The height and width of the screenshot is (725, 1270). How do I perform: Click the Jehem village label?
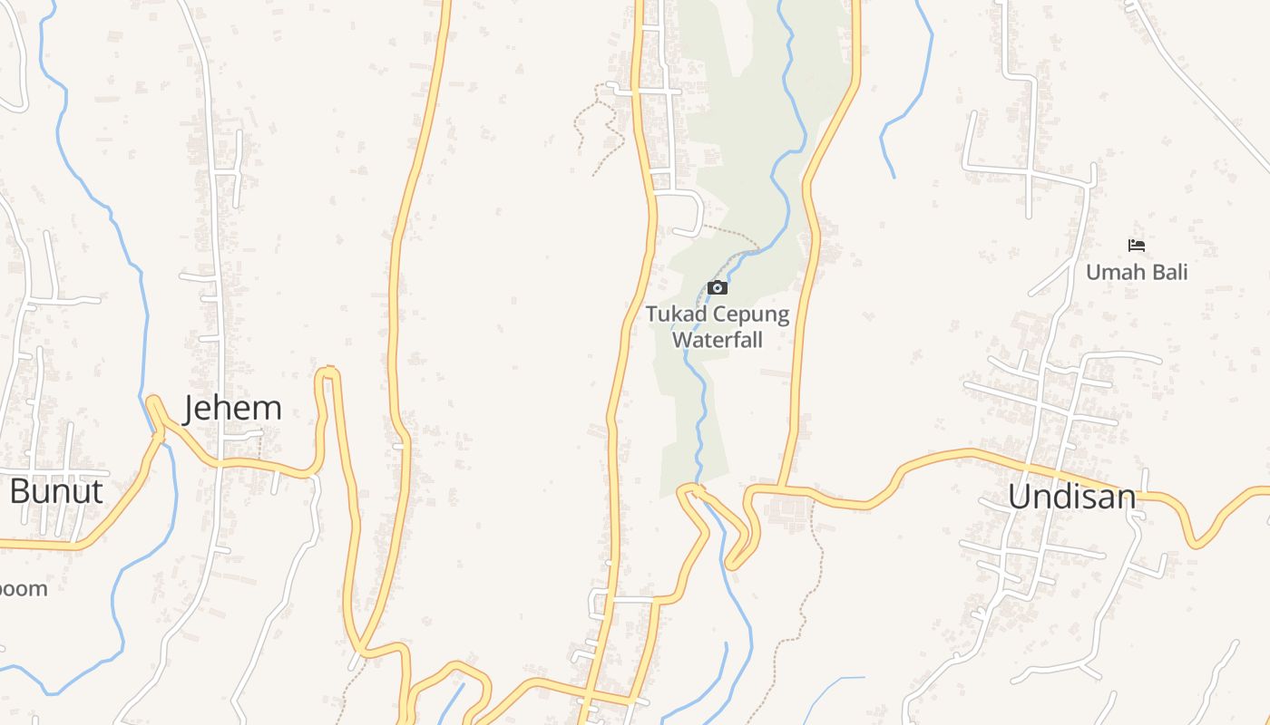coord(232,409)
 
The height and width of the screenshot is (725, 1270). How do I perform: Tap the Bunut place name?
coord(55,491)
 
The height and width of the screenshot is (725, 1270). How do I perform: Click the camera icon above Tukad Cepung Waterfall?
coord(718,288)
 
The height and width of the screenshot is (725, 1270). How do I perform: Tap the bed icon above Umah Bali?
coord(1136,245)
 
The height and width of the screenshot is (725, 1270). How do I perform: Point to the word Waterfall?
coord(717,341)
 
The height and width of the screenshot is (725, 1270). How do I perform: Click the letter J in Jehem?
coord(190,410)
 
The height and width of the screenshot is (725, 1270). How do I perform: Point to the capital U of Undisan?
coord(1019,497)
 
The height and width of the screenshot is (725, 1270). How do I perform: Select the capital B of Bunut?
coord(18,491)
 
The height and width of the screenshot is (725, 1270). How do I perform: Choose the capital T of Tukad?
coord(650,315)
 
